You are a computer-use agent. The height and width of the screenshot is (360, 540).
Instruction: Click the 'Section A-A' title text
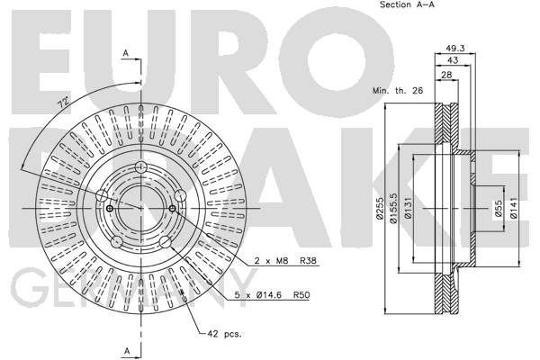[x=407, y=4]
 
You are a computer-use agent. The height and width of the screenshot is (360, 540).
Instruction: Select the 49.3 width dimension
[x=454, y=49]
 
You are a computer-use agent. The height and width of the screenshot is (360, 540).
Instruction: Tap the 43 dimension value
[x=453, y=60]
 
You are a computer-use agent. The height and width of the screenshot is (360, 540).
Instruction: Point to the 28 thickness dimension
[x=446, y=75]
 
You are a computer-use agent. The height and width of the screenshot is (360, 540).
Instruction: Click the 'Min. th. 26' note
[x=398, y=91]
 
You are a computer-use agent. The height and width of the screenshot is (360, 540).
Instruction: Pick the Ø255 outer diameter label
[x=380, y=208]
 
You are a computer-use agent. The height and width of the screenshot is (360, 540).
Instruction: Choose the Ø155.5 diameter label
[x=393, y=208]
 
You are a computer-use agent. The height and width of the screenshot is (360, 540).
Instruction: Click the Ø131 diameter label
[x=408, y=208]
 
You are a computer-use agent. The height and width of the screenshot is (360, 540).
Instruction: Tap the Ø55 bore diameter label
[x=499, y=209]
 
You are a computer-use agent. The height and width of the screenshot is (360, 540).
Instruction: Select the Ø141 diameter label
[x=513, y=208]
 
